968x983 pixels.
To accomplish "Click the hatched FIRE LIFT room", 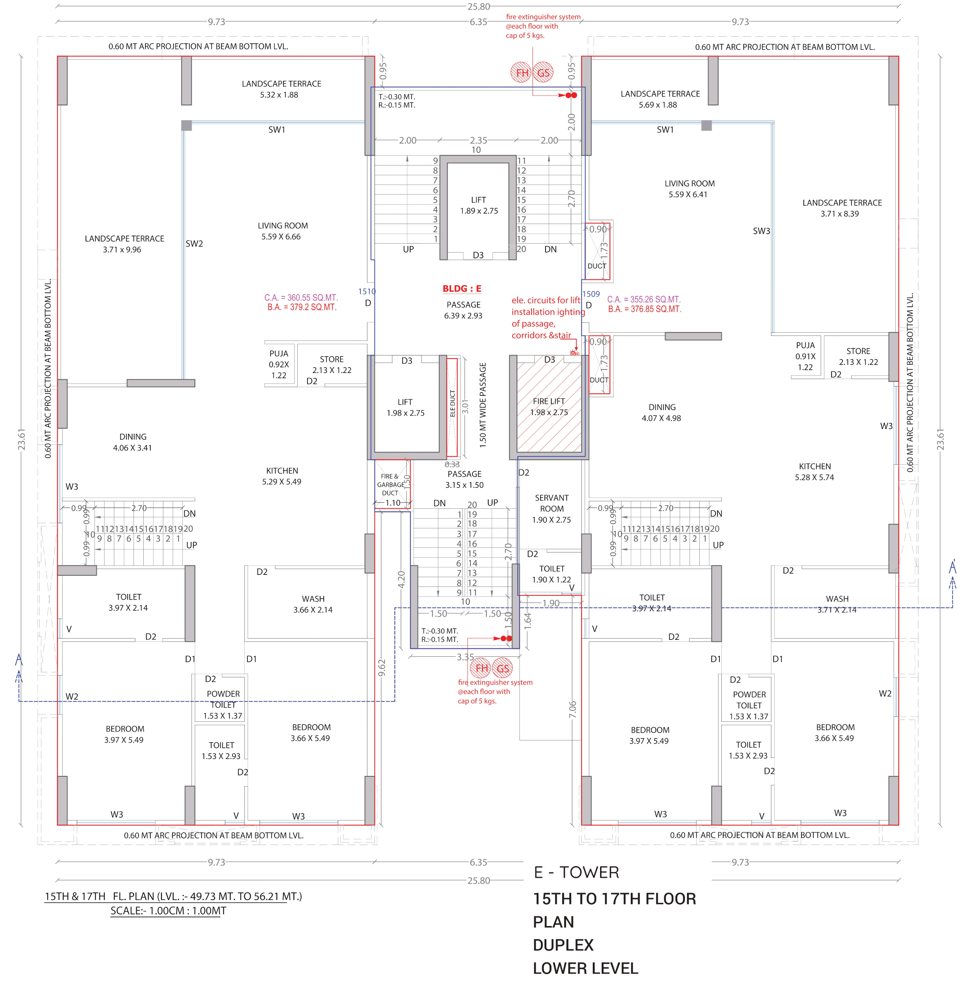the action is [x=549, y=407].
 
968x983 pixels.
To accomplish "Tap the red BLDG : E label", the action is [x=462, y=289].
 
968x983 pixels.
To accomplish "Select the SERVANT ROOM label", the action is [x=552, y=503].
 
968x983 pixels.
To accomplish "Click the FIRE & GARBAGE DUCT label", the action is [x=390, y=484].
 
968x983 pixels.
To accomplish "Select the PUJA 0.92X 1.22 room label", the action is [x=279, y=364].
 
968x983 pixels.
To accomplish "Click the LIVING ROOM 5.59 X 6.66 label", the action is [x=282, y=231].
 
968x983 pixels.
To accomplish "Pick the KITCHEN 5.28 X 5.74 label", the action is [x=814, y=472].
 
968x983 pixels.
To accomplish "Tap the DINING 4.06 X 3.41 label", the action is [x=133, y=442].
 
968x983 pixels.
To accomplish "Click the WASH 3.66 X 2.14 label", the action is [x=313, y=604].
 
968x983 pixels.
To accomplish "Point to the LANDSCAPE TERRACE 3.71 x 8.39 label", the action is [x=842, y=208].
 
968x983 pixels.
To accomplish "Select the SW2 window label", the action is [x=194, y=243].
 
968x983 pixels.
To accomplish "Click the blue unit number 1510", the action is [x=367, y=291].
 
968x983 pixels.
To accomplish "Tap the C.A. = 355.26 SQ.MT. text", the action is [x=644, y=299].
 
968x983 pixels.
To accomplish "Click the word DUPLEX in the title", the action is [x=563, y=944].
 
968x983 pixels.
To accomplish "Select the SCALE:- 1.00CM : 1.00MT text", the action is [x=168, y=910].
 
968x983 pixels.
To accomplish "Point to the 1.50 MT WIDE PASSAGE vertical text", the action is [x=483, y=405].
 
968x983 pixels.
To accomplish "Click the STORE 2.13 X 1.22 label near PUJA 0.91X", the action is [x=858, y=356].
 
